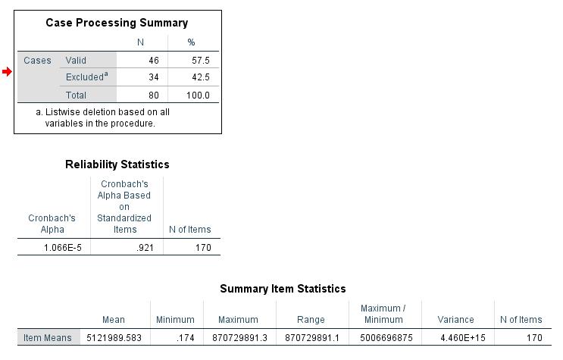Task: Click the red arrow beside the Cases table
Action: (x=7, y=72)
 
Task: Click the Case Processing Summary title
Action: (x=117, y=23)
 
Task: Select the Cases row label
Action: (x=37, y=61)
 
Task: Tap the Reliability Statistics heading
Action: (x=117, y=164)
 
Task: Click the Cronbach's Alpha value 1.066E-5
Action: (x=52, y=247)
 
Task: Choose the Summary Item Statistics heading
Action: (x=283, y=289)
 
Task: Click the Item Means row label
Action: (x=47, y=338)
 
